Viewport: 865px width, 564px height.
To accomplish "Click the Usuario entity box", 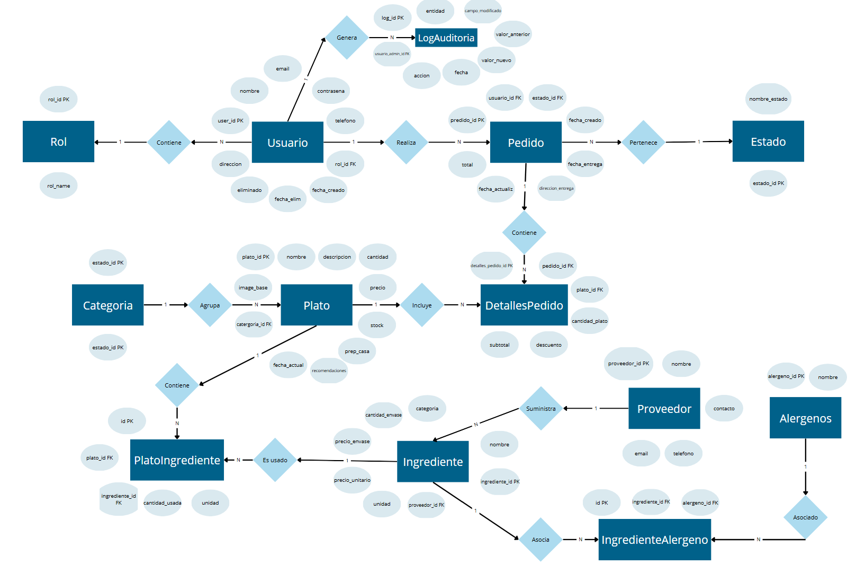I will coord(287,142).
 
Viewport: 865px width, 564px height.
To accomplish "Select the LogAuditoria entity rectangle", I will coord(446,38).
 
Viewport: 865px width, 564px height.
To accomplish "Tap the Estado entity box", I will coord(768,142).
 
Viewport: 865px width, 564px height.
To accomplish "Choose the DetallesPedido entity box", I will coord(524,305).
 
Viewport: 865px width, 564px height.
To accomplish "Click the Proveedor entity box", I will coord(664,409).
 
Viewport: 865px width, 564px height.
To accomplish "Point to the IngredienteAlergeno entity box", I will coord(654,540).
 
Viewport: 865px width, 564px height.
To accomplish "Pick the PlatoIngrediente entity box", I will coord(177,460).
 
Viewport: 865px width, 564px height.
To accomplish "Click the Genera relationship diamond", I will coord(347,38).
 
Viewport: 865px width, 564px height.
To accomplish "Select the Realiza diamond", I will coord(406,143).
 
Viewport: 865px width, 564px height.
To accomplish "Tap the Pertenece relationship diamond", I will coord(643,143).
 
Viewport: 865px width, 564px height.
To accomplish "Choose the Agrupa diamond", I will coord(210,305).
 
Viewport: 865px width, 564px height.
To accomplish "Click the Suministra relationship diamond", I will coord(540,409).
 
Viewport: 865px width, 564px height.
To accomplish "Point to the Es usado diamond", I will coord(275,460).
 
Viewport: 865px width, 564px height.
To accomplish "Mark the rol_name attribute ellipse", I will coord(58,186).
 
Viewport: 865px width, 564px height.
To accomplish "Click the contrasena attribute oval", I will coord(331,91).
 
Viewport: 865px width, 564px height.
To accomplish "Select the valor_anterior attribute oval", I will coord(512,34).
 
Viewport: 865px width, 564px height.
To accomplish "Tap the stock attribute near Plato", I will coord(377,325).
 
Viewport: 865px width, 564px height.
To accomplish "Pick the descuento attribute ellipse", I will coord(548,345).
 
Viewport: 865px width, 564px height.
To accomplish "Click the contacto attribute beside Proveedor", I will coord(724,409).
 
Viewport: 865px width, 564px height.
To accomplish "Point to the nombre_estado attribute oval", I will coord(768,99).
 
